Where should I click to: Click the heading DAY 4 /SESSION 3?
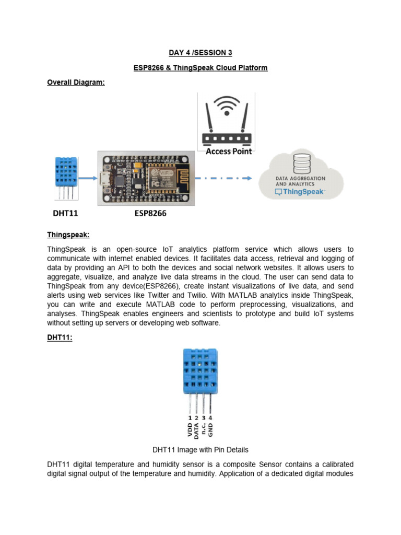coord(200,53)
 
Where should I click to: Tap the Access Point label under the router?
coord(228,152)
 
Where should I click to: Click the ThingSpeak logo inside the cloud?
coord(300,192)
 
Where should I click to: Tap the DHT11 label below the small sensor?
coord(68,214)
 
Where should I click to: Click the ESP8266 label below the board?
coord(146,214)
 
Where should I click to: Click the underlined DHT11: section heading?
coord(60,338)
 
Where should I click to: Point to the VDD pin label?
coord(190,429)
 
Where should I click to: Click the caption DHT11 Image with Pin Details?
coord(200,450)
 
